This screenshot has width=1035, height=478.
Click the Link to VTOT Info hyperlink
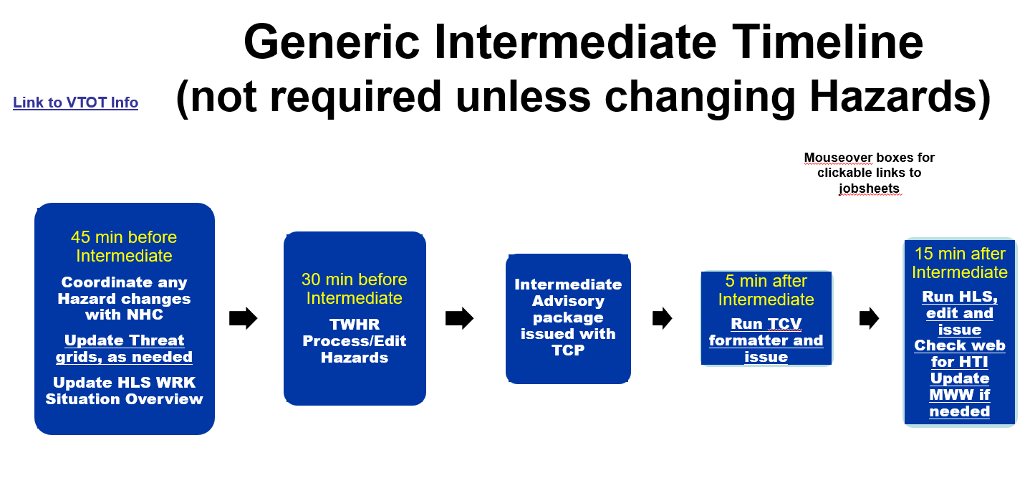[x=75, y=102]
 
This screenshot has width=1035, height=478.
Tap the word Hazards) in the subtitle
[x=900, y=97]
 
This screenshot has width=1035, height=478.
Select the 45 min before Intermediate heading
[x=124, y=247]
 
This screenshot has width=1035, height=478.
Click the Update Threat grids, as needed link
[x=124, y=348]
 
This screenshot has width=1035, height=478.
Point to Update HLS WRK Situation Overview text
[x=124, y=391]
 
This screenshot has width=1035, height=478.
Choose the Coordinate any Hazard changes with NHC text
[x=124, y=298]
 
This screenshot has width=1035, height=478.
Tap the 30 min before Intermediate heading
[x=355, y=289]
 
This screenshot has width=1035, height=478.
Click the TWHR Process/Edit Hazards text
[x=355, y=340]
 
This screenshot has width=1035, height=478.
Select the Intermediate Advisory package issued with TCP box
[x=568, y=318]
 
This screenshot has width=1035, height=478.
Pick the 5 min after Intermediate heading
[x=766, y=290]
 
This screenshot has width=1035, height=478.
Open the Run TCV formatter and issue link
[x=766, y=340]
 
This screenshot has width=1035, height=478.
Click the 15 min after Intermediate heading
[x=960, y=262]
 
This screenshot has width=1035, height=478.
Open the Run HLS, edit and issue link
[x=960, y=313]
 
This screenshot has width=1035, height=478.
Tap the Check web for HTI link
[x=960, y=353]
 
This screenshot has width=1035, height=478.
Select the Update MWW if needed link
[x=960, y=395]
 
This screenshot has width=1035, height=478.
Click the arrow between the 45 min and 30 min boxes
[x=243, y=318]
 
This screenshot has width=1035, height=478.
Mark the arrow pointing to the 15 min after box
[x=869, y=318]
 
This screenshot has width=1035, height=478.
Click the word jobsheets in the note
[x=869, y=188]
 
